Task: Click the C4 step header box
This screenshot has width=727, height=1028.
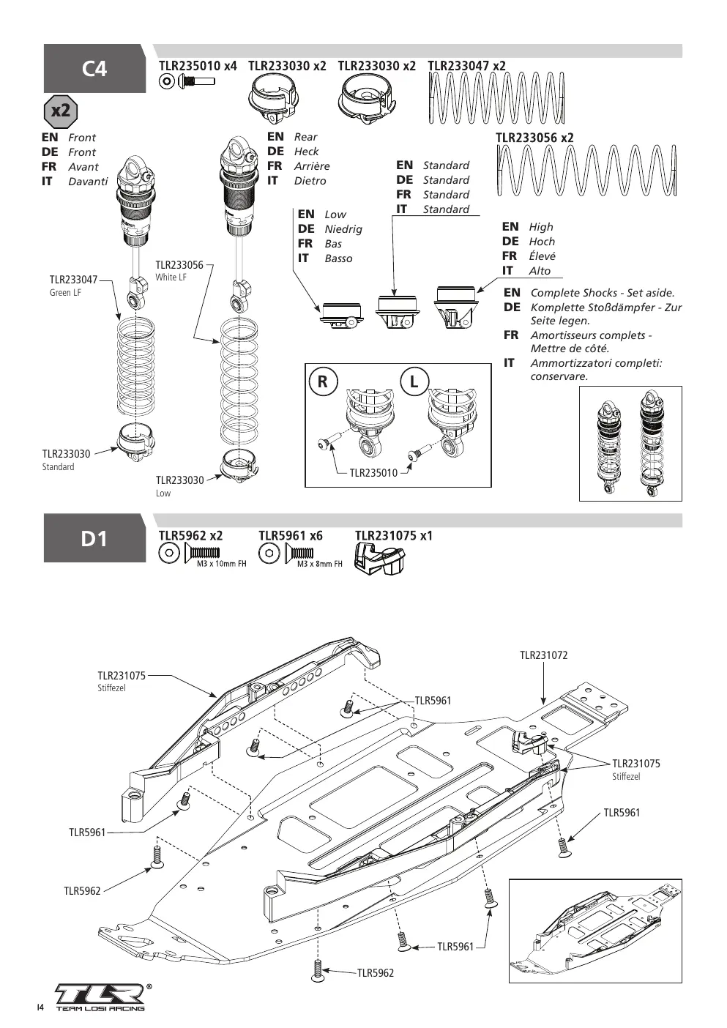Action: (94, 68)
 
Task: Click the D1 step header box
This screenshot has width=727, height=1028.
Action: (94, 538)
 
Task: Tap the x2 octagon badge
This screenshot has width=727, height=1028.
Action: (61, 111)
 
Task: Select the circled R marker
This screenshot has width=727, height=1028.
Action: (323, 381)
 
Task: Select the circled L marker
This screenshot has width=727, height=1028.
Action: (414, 381)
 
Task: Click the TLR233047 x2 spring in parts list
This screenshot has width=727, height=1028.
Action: (496, 98)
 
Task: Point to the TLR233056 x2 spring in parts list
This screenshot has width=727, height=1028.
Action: (586, 171)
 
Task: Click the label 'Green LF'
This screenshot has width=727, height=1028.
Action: (65, 292)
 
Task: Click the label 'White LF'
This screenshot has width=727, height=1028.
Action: (171, 278)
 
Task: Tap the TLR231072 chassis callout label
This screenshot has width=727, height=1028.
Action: (543, 655)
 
